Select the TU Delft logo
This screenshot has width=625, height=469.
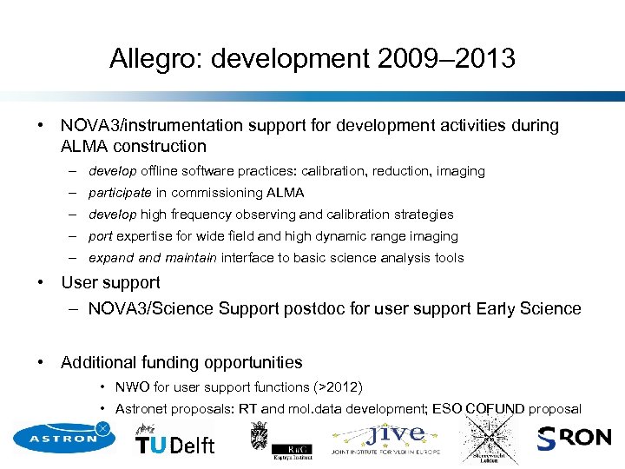174,442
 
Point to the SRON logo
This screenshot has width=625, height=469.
574,439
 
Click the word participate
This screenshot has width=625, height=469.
120,193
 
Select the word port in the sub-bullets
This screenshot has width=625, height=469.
101,236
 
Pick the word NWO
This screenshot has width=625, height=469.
130,387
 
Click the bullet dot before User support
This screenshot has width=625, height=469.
41,282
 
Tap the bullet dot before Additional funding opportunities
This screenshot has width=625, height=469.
41,362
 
